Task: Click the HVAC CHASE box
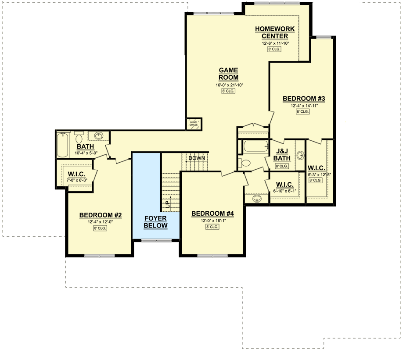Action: point(194,124)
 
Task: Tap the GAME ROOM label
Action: point(228,74)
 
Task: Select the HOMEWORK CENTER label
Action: point(275,32)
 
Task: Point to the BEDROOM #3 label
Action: point(304,99)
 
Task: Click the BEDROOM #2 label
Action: point(101,215)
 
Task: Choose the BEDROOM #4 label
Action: point(212,214)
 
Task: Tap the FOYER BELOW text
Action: point(155,222)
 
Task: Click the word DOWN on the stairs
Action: point(197,158)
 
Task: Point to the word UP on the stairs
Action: point(167,204)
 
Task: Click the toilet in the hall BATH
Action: point(79,138)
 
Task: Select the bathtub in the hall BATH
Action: point(63,145)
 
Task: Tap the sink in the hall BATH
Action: point(99,135)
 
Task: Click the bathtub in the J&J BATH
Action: point(255,146)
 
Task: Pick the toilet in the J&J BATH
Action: point(244,163)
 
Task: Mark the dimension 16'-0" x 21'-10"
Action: point(230,85)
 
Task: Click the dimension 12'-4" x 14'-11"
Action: point(304,106)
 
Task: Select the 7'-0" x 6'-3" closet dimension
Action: point(77,180)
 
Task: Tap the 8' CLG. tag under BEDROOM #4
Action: point(212,227)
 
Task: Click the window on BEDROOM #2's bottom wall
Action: point(100,256)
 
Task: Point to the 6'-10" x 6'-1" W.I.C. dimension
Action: point(284,191)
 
